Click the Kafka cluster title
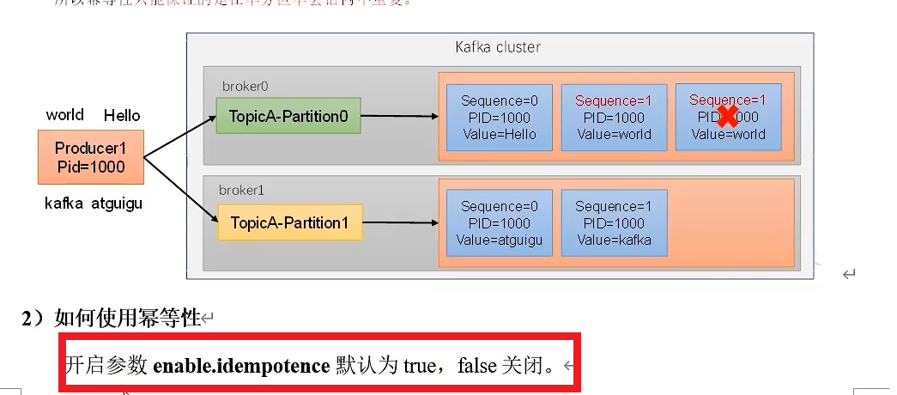tap(498, 46)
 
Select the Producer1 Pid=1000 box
tap(89, 157)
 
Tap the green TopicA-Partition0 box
tap(288, 116)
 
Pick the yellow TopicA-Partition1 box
tap(289, 222)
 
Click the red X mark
tap(728, 116)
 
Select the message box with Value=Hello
tap(499, 118)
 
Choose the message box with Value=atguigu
tap(499, 223)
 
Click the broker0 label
tap(245, 86)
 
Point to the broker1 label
tap(241, 191)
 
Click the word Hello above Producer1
tap(122, 115)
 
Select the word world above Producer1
tap(65, 115)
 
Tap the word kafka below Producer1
tap(64, 204)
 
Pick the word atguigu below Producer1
tap(117, 204)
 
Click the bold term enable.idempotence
tap(241, 366)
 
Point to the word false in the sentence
tap(477, 366)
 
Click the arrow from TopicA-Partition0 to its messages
tap(399, 116)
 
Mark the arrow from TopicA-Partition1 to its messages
tap(399, 222)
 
